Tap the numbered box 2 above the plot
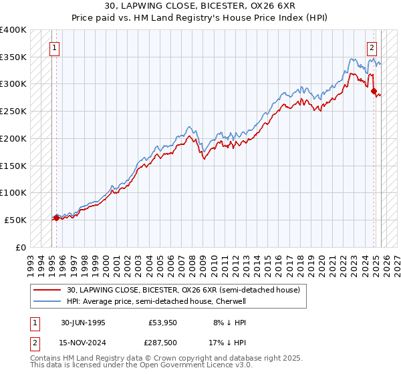coord(372,47)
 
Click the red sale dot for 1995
coord(56,218)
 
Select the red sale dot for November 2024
coord(374,91)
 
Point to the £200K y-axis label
coord(13,138)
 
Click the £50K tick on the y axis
coord(15,220)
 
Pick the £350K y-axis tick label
coord(13,57)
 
